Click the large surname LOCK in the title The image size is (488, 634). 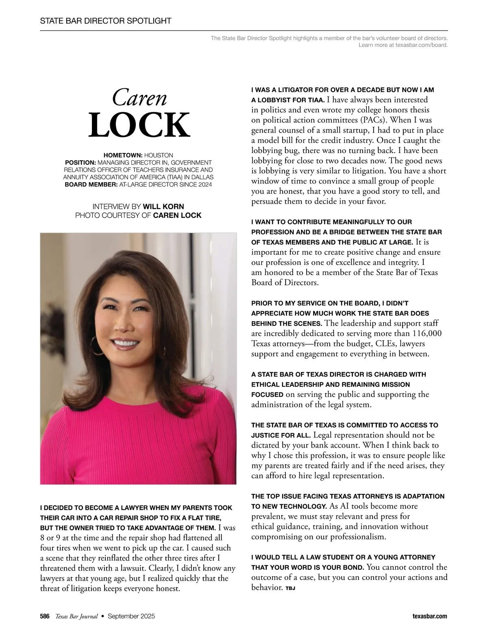pyautogui.click(x=139, y=125)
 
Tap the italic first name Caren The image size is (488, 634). pyautogui.click(x=139, y=98)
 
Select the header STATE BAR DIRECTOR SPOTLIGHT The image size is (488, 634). pyautogui.click(x=106, y=21)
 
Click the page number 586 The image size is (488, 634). pyautogui.click(x=45, y=616)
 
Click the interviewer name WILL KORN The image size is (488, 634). pyautogui.click(x=163, y=207)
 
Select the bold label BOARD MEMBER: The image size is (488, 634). pyautogui.click(x=91, y=185)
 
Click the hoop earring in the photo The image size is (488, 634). pyautogui.click(x=97, y=345)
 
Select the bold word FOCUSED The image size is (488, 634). pyautogui.click(x=267, y=394)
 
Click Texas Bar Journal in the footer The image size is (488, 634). pyautogui.click(x=76, y=616)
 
